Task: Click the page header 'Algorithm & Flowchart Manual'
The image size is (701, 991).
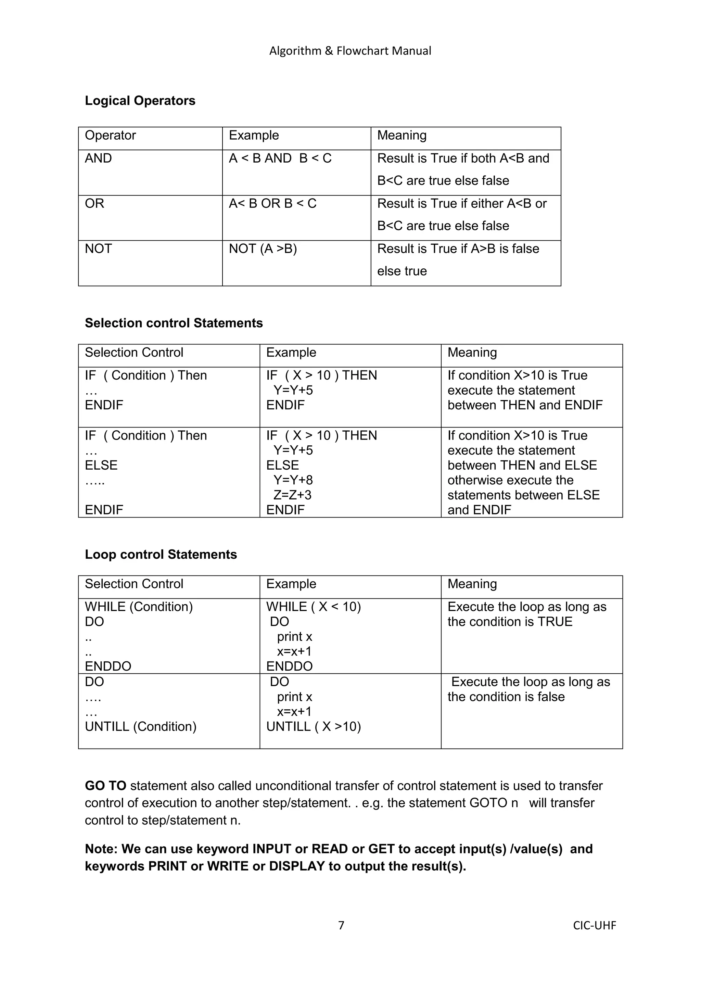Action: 350,51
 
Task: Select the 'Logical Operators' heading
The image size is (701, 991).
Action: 140,101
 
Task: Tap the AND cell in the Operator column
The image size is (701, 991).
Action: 99,158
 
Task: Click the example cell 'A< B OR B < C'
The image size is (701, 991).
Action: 272,203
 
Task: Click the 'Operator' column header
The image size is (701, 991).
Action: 110,136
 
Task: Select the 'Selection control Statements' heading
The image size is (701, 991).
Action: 174,323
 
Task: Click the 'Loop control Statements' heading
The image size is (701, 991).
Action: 161,554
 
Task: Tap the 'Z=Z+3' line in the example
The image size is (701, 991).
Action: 292,495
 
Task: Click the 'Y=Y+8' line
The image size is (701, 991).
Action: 293,480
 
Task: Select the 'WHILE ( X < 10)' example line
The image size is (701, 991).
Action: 314,607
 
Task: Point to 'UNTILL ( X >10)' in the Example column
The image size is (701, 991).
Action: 314,726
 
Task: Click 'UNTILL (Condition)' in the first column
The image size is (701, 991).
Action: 141,726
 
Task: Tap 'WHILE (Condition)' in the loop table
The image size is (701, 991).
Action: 139,607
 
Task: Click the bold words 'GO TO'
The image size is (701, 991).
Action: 105,786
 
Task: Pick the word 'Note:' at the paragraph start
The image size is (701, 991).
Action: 101,849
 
